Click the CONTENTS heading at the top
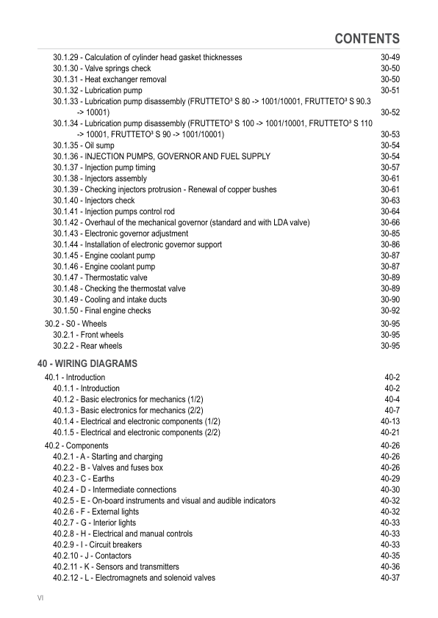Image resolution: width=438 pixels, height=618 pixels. pyautogui.click(x=367, y=39)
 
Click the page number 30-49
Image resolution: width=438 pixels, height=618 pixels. pyautogui.click(x=389, y=57)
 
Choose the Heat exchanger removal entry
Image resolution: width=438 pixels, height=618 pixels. pyautogui.click(x=109, y=79)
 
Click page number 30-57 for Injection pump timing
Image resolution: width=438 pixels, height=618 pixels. pyautogui.click(x=389, y=167)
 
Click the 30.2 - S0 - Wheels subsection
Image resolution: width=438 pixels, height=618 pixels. pyautogui.click(x=76, y=324)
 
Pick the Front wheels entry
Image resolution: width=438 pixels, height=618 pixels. pyautogui.click(x=88, y=335)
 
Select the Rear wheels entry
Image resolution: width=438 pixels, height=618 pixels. pyautogui.click(x=87, y=346)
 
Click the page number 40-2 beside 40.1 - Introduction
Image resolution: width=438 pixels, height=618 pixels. pyautogui.click(x=392, y=377)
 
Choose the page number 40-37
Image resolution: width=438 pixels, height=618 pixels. pyautogui.click(x=389, y=578)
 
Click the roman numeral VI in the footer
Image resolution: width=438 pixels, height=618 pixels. pyautogui.click(x=41, y=599)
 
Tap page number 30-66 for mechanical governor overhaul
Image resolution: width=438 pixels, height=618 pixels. pyautogui.click(x=389, y=222)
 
